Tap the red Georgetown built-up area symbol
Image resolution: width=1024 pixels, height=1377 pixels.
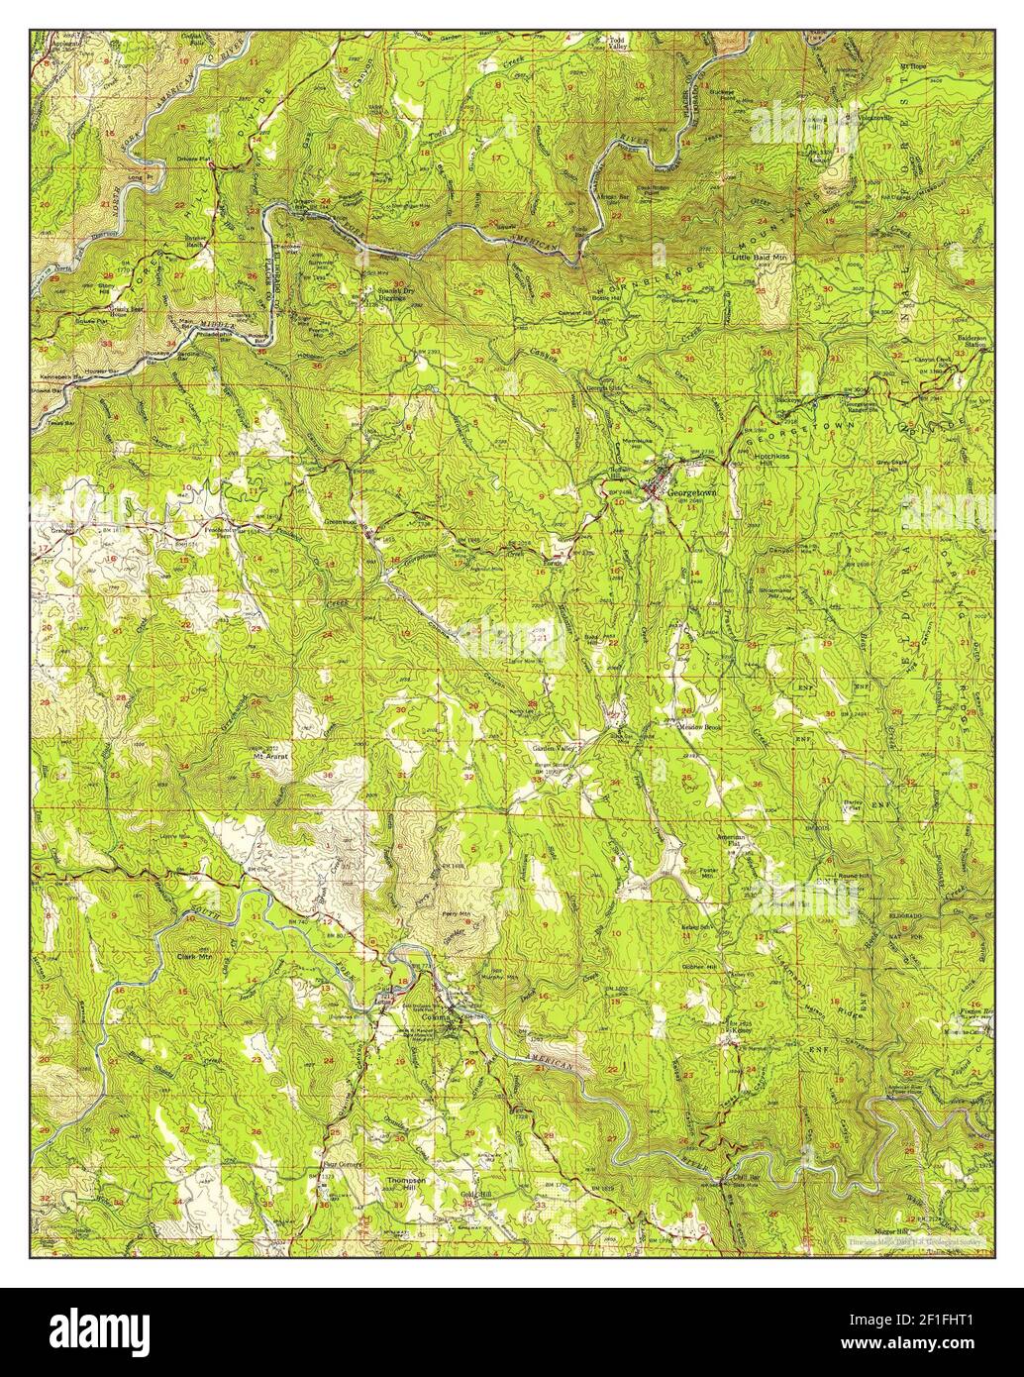click(654, 489)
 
